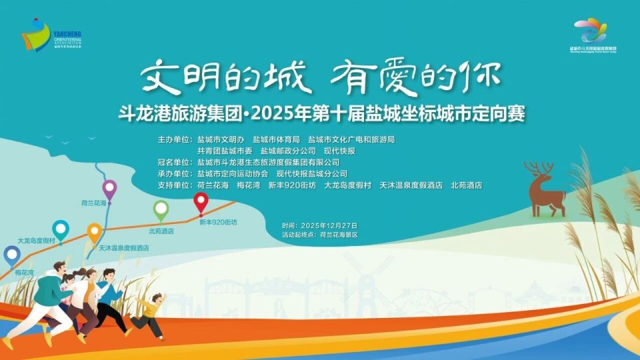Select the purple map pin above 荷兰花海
[109, 190]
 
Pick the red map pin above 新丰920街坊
[201, 201]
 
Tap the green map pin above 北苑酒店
[161, 210]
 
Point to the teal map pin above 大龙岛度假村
[61, 230]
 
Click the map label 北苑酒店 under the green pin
[161, 231]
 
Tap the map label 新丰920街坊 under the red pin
[218, 221]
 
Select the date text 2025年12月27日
[329, 225]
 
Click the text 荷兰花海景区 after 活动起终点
[339, 235]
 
